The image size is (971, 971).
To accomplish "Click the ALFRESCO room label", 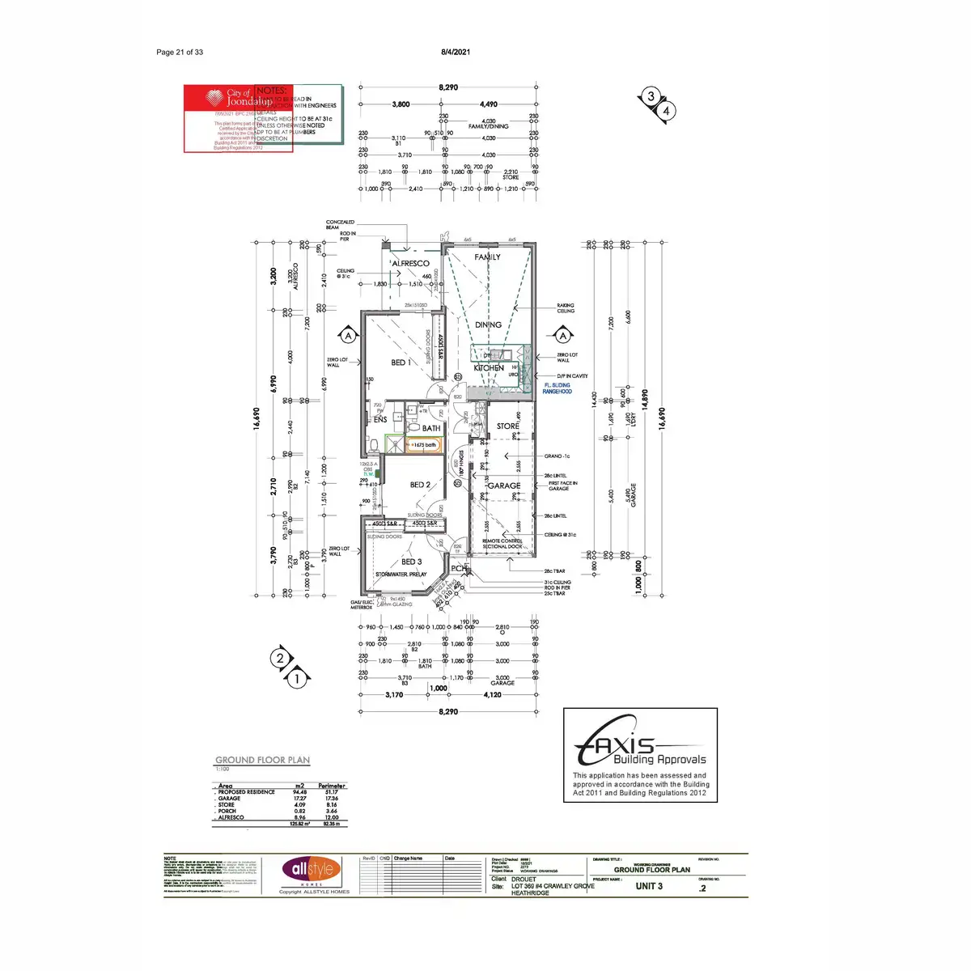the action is [410, 264].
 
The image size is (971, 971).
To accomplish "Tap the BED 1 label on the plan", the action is [401, 363].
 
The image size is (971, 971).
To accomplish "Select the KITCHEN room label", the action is [489, 368].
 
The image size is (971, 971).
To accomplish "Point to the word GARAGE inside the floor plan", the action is [503, 485].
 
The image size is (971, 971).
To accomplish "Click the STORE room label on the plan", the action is [508, 426].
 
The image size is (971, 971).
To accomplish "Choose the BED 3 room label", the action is [411, 562].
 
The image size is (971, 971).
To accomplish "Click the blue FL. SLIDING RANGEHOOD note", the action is [557, 388].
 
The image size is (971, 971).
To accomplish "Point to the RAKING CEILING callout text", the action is [566, 308].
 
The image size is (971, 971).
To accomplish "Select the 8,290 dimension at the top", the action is [447, 87].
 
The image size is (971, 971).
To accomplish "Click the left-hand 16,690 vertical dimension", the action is [257, 421].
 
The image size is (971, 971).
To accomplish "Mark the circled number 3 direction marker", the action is [651, 97].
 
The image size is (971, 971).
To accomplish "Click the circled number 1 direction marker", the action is [297, 679].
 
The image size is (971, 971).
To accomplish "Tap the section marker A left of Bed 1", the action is [347, 335].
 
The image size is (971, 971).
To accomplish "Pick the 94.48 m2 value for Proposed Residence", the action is [299, 792].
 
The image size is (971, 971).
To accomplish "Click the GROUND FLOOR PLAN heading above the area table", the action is [262, 760].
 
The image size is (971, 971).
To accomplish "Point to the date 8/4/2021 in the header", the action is [456, 52].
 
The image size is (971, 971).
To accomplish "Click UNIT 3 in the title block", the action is [649, 886].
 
